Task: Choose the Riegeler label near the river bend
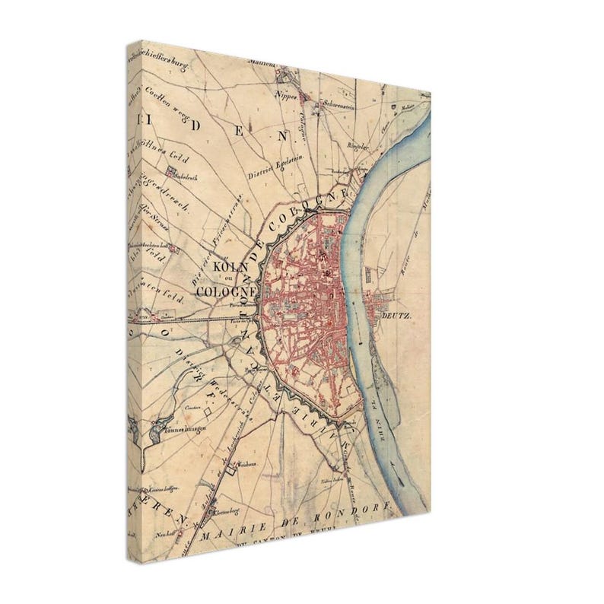pyautogui.click(x=356, y=146)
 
